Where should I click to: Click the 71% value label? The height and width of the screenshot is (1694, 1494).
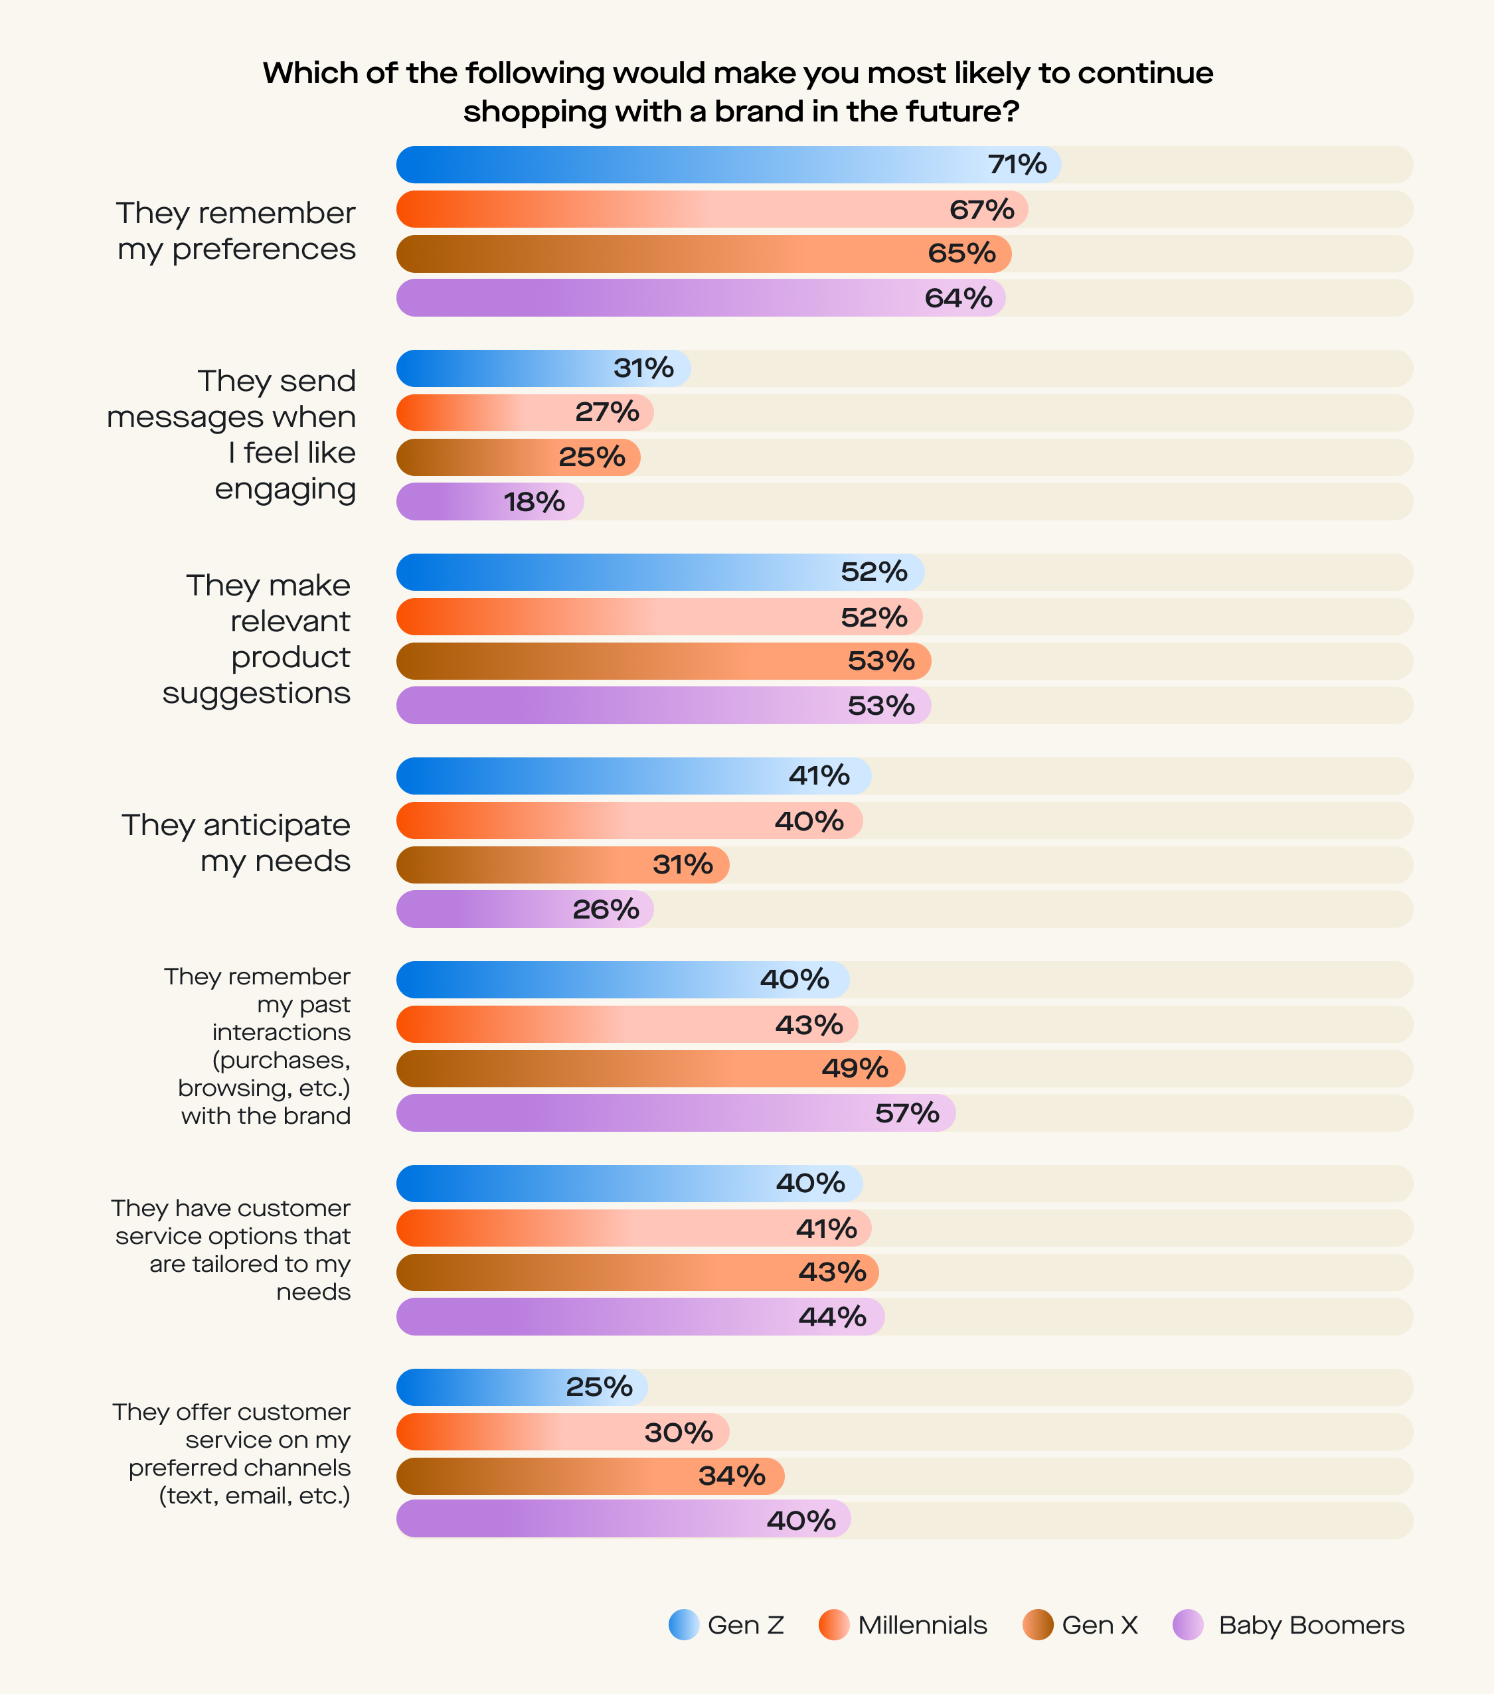(x=1017, y=165)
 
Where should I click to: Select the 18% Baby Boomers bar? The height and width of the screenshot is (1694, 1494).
(x=489, y=501)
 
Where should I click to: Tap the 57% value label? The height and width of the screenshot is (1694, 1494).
(x=907, y=1113)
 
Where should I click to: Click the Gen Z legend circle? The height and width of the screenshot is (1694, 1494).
(x=684, y=1625)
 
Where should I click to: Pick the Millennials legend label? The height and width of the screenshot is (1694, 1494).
(x=922, y=1625)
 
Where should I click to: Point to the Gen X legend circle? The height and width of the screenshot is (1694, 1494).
(x=1037, y=1625)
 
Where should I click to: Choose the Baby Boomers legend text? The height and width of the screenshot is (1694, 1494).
(x=1311, y=1625)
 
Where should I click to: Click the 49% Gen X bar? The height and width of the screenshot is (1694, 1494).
(x=650, y=1068)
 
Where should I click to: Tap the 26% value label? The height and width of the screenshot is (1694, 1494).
(x=605, y=909)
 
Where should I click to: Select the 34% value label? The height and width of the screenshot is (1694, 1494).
(x=731, y=1476)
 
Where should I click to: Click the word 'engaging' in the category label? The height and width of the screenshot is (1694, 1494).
(x=286, y=489)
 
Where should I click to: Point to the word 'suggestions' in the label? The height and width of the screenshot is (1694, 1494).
(x=256, y=693)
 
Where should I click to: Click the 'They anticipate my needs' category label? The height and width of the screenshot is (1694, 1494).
(x=236, y=843)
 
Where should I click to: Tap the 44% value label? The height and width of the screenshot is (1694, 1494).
(x=833, y=1317)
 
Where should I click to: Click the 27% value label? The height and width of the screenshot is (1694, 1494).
(x=607, y=412)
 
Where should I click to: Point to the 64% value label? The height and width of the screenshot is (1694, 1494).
(x=958, y=298)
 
